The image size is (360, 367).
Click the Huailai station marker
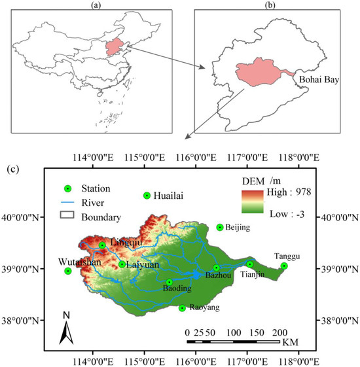(x=147, y=195)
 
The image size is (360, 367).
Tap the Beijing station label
(x=238, y=228)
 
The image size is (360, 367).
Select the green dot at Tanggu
(x=284, y=266)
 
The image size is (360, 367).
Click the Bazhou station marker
(x=217, y=268)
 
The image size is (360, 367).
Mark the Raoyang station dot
(x=182, y=307)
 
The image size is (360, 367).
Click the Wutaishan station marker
(x=68, y=271)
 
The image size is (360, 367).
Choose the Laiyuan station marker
(x=122, y=264)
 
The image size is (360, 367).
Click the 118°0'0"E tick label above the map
(x=297, y=158)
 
